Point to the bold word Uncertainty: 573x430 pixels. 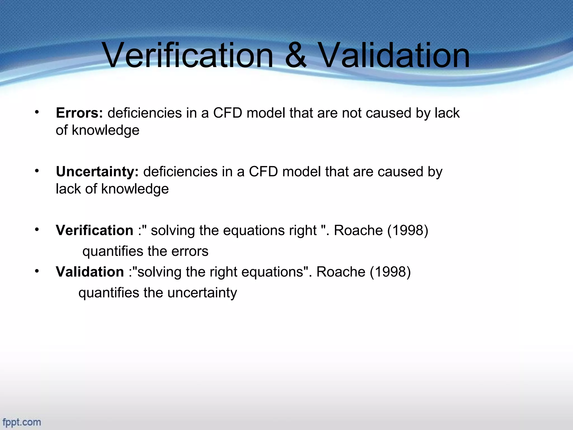pyautogui.click(x=97, y=172)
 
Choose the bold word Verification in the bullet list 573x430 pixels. pyautogui.click(x=95, y=230)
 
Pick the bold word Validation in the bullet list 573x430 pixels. pyautogui.click(x=90, y=272)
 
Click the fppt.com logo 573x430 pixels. pyautogui.click(x=22, y=422)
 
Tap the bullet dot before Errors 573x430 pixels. pyautogui.click(x=37, y=112)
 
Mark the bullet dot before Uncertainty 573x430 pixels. pyautogui.click(x=37, y=171)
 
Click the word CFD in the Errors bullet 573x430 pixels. pyautogui.click(x=227, y=113)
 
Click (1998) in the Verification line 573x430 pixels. pyautogui.click(x=408, y=230)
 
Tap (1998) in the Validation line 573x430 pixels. pyautogui.click(x=390, y=272)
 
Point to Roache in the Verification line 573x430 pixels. pyautogui.click(x=358, y=230)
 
